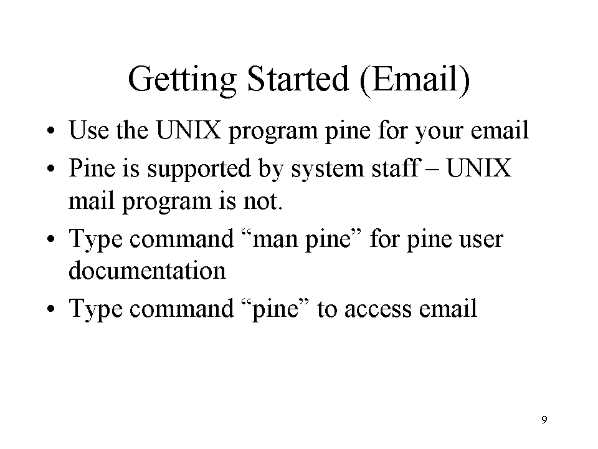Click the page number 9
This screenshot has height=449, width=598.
click(544, 420)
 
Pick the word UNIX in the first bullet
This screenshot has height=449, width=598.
click(189, 130)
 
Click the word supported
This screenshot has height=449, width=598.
click(199, 169)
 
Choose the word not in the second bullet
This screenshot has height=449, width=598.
click(263, 201)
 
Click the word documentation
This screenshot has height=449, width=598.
click(147, 270)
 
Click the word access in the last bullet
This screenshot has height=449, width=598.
click(378, 309)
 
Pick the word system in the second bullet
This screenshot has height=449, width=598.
click(328, 170)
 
